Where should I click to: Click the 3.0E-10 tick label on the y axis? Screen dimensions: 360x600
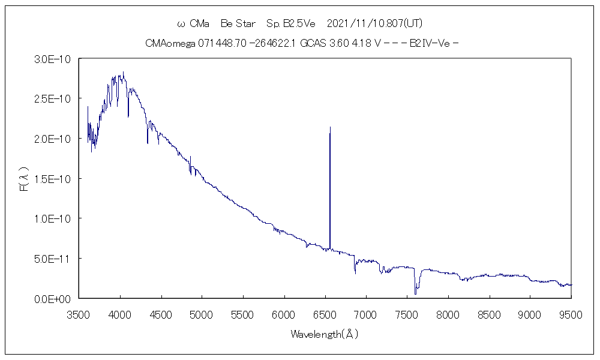[x=53, y=59]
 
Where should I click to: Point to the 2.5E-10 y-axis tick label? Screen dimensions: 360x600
[x=53, y=98]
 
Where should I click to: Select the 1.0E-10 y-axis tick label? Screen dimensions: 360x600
[x=53, y=218]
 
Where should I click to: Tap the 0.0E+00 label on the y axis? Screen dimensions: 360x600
[x=53, y=298]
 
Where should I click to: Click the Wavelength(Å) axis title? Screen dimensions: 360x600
[x=325, y=334]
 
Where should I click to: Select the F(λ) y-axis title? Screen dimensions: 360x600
[x=25, y=179]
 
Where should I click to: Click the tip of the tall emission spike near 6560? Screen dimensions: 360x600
[x=330, y=127]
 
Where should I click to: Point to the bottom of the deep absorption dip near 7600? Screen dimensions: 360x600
[x=415, y=293]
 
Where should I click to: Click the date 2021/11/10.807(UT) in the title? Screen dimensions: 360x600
[x=376, y=23]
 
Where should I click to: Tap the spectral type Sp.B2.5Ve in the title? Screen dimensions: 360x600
[x=291, y=23]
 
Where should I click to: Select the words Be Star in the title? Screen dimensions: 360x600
[x=238, y=23]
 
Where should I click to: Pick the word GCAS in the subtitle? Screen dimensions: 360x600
[x=313, y=43]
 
